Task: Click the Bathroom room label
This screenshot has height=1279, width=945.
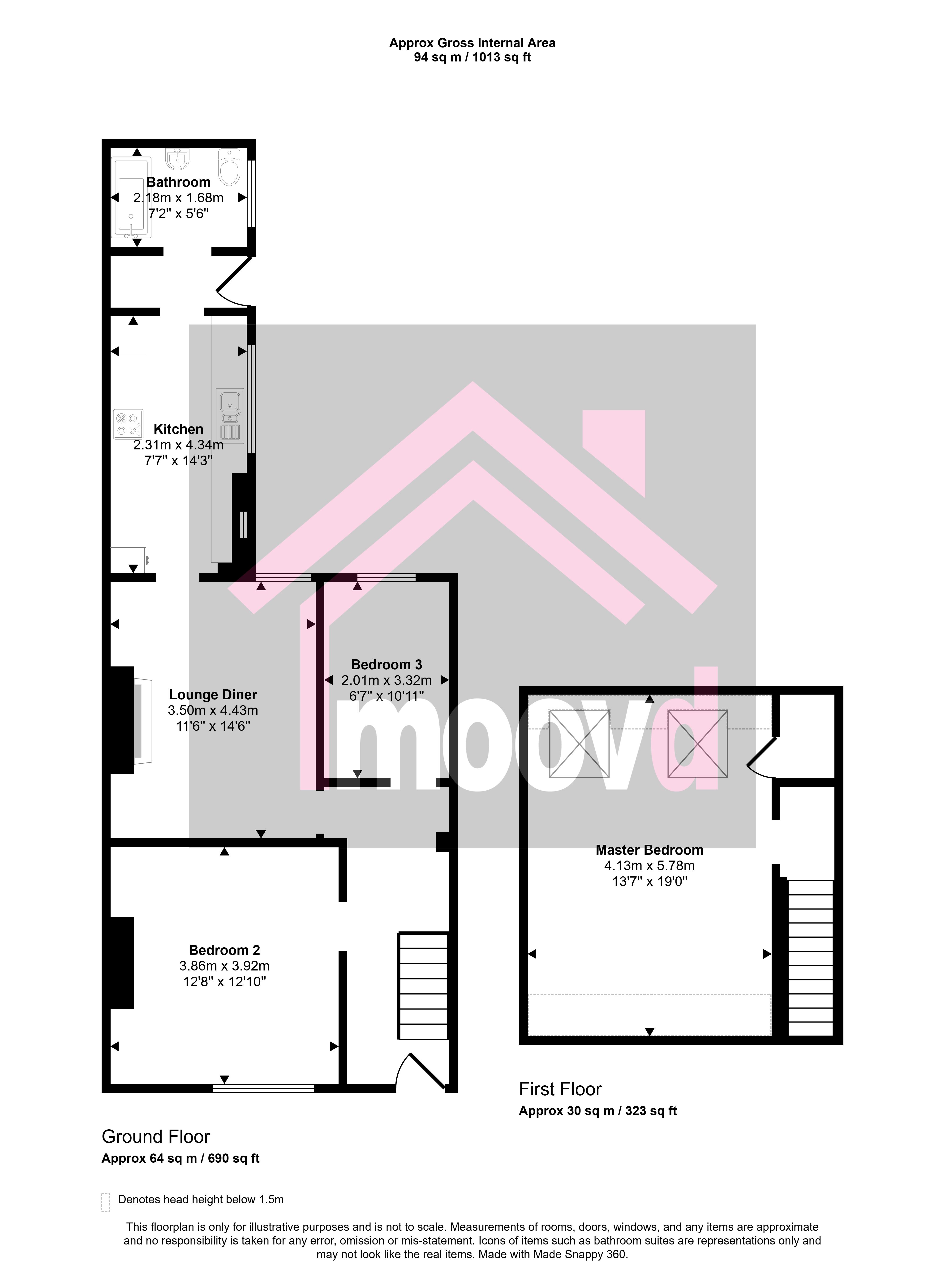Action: [x=178, y=182]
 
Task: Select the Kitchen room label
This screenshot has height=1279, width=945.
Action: [x=178, y=429]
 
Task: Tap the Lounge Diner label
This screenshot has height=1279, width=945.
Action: [x=213, y=695]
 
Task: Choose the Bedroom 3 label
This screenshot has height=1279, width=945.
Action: [x=387, y=664]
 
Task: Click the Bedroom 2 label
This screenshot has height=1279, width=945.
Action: [x=224, y=950]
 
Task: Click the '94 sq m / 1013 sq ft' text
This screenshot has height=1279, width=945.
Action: [x=472, y=57]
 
